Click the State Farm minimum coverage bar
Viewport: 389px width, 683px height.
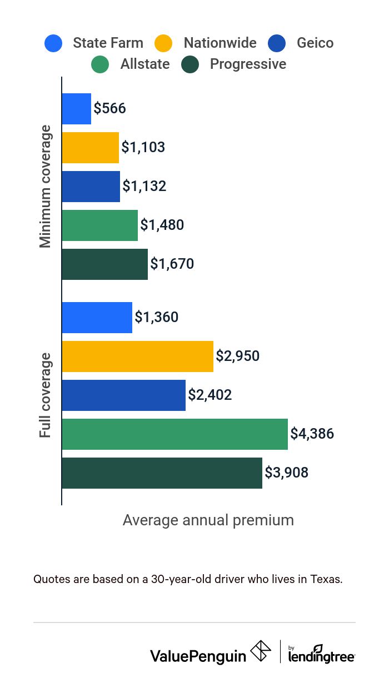pos(76,109)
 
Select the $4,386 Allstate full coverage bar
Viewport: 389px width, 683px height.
pos(174,434)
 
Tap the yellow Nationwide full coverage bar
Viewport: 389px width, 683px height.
pos(137,356)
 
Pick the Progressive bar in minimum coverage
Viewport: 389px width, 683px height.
pos(104,264)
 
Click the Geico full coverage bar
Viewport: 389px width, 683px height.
pos(123,395)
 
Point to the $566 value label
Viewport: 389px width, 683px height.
pos(109,108)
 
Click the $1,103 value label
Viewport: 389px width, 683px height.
pos(143,147)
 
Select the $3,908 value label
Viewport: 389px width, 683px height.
pos(286,473)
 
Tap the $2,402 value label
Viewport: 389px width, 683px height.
pos(210,395)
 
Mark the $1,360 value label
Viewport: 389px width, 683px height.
pos(156,317)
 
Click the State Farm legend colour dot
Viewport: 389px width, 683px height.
pos(53,43)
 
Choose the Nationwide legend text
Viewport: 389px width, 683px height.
pos(220,43)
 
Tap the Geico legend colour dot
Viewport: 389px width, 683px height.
pos(277,43)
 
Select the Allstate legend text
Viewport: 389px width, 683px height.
pos(145,64)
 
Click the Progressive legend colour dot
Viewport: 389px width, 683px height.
pos(190,64)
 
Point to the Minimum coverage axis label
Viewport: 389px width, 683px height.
pos(46,187)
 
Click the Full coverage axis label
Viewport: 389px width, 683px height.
pos(46,395)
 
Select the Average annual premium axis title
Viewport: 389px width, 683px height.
pos(208,520)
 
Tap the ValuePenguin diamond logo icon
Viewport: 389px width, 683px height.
pos(261,651)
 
